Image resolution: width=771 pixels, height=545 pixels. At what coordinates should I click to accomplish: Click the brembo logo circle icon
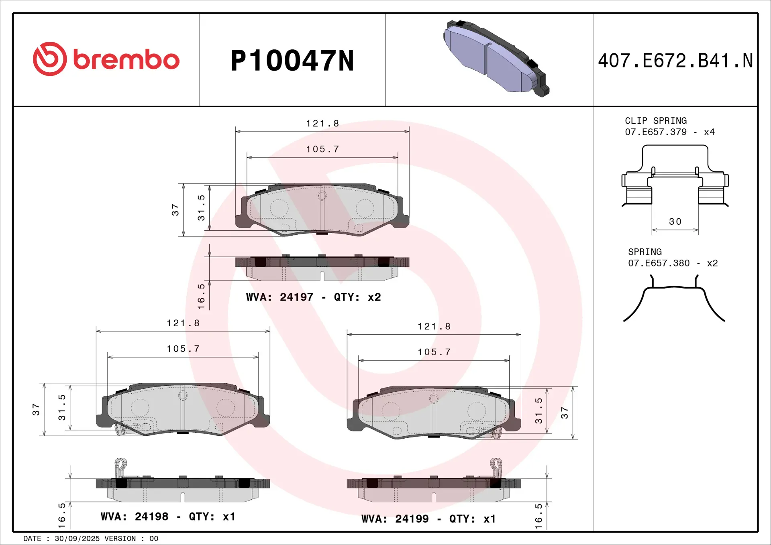[50, 59]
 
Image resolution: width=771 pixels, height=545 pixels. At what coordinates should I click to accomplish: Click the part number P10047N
[292, 61]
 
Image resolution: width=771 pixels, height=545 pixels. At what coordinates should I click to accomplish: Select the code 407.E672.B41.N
[675, 61]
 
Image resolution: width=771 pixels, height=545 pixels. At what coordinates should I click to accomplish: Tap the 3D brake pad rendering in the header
[496, 59]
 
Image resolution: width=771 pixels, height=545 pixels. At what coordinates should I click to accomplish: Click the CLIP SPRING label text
[655, 121]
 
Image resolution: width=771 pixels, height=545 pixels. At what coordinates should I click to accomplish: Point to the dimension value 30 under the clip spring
[675, 222]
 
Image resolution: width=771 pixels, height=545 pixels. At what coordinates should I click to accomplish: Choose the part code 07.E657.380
[659, 263]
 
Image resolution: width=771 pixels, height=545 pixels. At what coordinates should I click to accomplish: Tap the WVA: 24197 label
[279, 297]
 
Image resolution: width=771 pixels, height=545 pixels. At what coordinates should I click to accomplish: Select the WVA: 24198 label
[135, 517]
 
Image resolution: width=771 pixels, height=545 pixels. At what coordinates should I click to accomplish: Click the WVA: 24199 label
[395, 519]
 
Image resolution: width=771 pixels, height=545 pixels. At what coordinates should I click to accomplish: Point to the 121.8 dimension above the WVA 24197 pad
[322, 124]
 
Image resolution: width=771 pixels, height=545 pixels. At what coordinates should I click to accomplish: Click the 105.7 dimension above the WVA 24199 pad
[434, 352]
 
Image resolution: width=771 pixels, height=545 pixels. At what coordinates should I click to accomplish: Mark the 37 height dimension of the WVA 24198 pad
[36, 409]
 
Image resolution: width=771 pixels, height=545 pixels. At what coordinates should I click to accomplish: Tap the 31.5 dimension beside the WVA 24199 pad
[538, 411]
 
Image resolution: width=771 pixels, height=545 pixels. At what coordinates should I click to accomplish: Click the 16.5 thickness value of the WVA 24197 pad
[201, 296]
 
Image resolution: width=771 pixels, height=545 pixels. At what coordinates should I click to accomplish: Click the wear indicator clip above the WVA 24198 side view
[120, 467]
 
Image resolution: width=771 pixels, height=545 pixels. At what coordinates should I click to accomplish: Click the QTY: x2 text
[357, 297]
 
